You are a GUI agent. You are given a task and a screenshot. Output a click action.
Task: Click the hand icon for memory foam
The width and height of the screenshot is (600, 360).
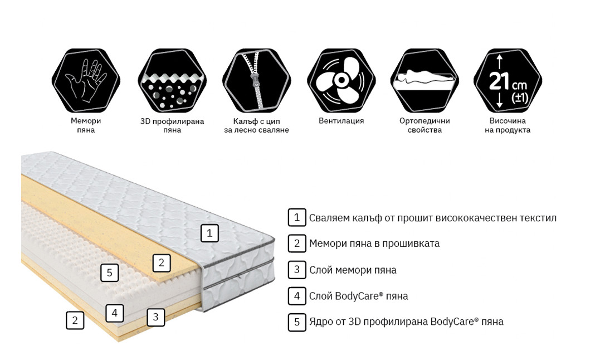point(86,80)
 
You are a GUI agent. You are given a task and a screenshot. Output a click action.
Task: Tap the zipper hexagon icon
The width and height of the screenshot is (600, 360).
point(256,80)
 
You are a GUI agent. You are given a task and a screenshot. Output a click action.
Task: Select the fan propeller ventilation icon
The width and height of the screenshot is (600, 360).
point(342,80)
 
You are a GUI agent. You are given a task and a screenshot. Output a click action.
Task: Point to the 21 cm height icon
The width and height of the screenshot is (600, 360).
point(508,80)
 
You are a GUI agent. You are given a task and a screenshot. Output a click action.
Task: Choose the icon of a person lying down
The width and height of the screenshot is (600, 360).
point(425,80)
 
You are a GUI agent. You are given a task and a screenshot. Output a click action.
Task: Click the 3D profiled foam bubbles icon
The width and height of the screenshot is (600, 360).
point(172,80)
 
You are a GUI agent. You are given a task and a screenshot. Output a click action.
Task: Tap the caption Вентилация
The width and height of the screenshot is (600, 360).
point(342,121)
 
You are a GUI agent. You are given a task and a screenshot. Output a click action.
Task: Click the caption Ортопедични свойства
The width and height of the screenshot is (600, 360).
point(425,125)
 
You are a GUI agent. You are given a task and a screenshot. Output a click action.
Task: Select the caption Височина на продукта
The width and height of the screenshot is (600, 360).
point(508,125)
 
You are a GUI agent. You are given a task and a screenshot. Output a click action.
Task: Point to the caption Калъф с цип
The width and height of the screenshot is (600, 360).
point(256,121)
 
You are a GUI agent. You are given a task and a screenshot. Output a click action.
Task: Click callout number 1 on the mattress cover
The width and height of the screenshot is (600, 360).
point(209,233)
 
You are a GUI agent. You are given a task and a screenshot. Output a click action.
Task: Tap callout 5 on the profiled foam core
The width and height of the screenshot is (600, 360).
point(109,273)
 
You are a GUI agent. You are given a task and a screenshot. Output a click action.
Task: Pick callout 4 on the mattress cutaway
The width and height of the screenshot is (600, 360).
point(114,313)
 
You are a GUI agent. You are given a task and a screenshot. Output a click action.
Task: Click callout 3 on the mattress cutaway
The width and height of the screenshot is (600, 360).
point(156,317)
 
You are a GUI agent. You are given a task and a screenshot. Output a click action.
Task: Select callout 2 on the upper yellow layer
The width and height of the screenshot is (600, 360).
point(162,263)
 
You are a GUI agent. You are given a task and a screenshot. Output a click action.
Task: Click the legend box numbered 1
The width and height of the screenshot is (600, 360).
point(297,218)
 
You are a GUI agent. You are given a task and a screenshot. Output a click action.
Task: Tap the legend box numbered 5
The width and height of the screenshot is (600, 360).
point(297,322)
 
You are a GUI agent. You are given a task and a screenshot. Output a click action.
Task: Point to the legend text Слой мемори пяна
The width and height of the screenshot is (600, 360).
point(353,270)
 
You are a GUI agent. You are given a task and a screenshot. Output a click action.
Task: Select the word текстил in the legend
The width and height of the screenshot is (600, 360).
point(538,218)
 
